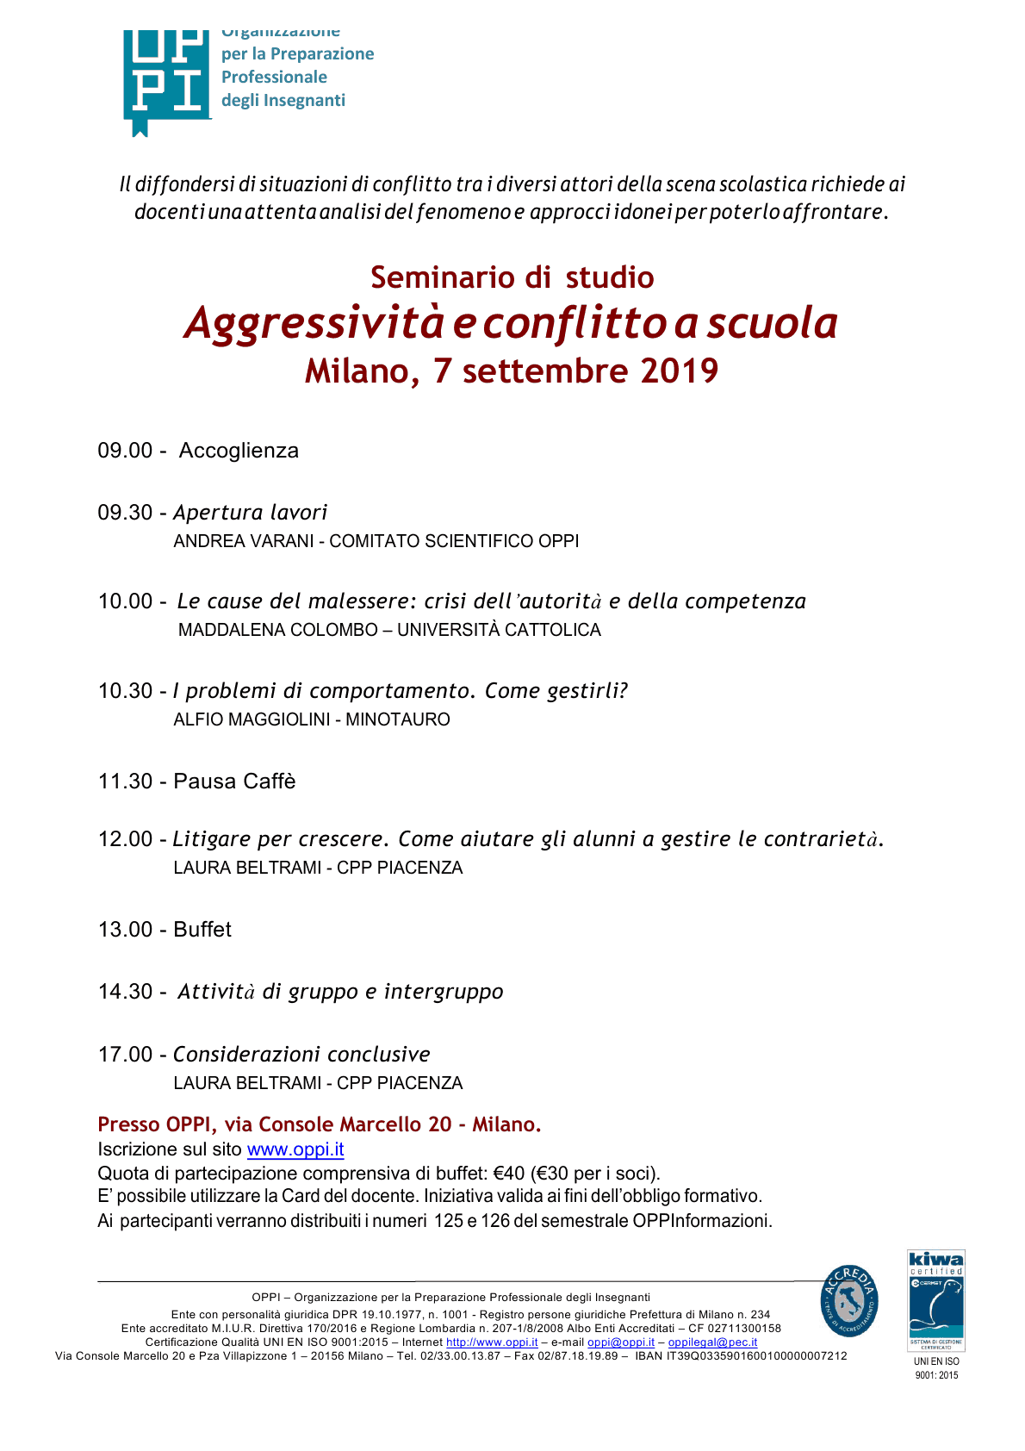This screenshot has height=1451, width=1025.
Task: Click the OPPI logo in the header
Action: [x=167, y=79]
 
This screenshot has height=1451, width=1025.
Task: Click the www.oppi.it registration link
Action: [x=295, y=1149]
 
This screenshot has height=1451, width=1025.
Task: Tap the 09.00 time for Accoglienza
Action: [x=125, y=451]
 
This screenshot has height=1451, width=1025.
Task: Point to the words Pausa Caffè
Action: [x=234, y=782]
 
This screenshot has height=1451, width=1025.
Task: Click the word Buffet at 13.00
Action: [x=202, y=930]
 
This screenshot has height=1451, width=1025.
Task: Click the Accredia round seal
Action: [x=849, y=1301]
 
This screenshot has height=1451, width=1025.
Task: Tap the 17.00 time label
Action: [x=125, y=1055]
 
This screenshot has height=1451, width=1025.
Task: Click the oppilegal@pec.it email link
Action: [x=712, y=1342]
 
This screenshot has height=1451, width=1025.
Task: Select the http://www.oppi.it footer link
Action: [x=491, y=1342]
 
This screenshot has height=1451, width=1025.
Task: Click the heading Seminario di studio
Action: [x=512, y=277]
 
